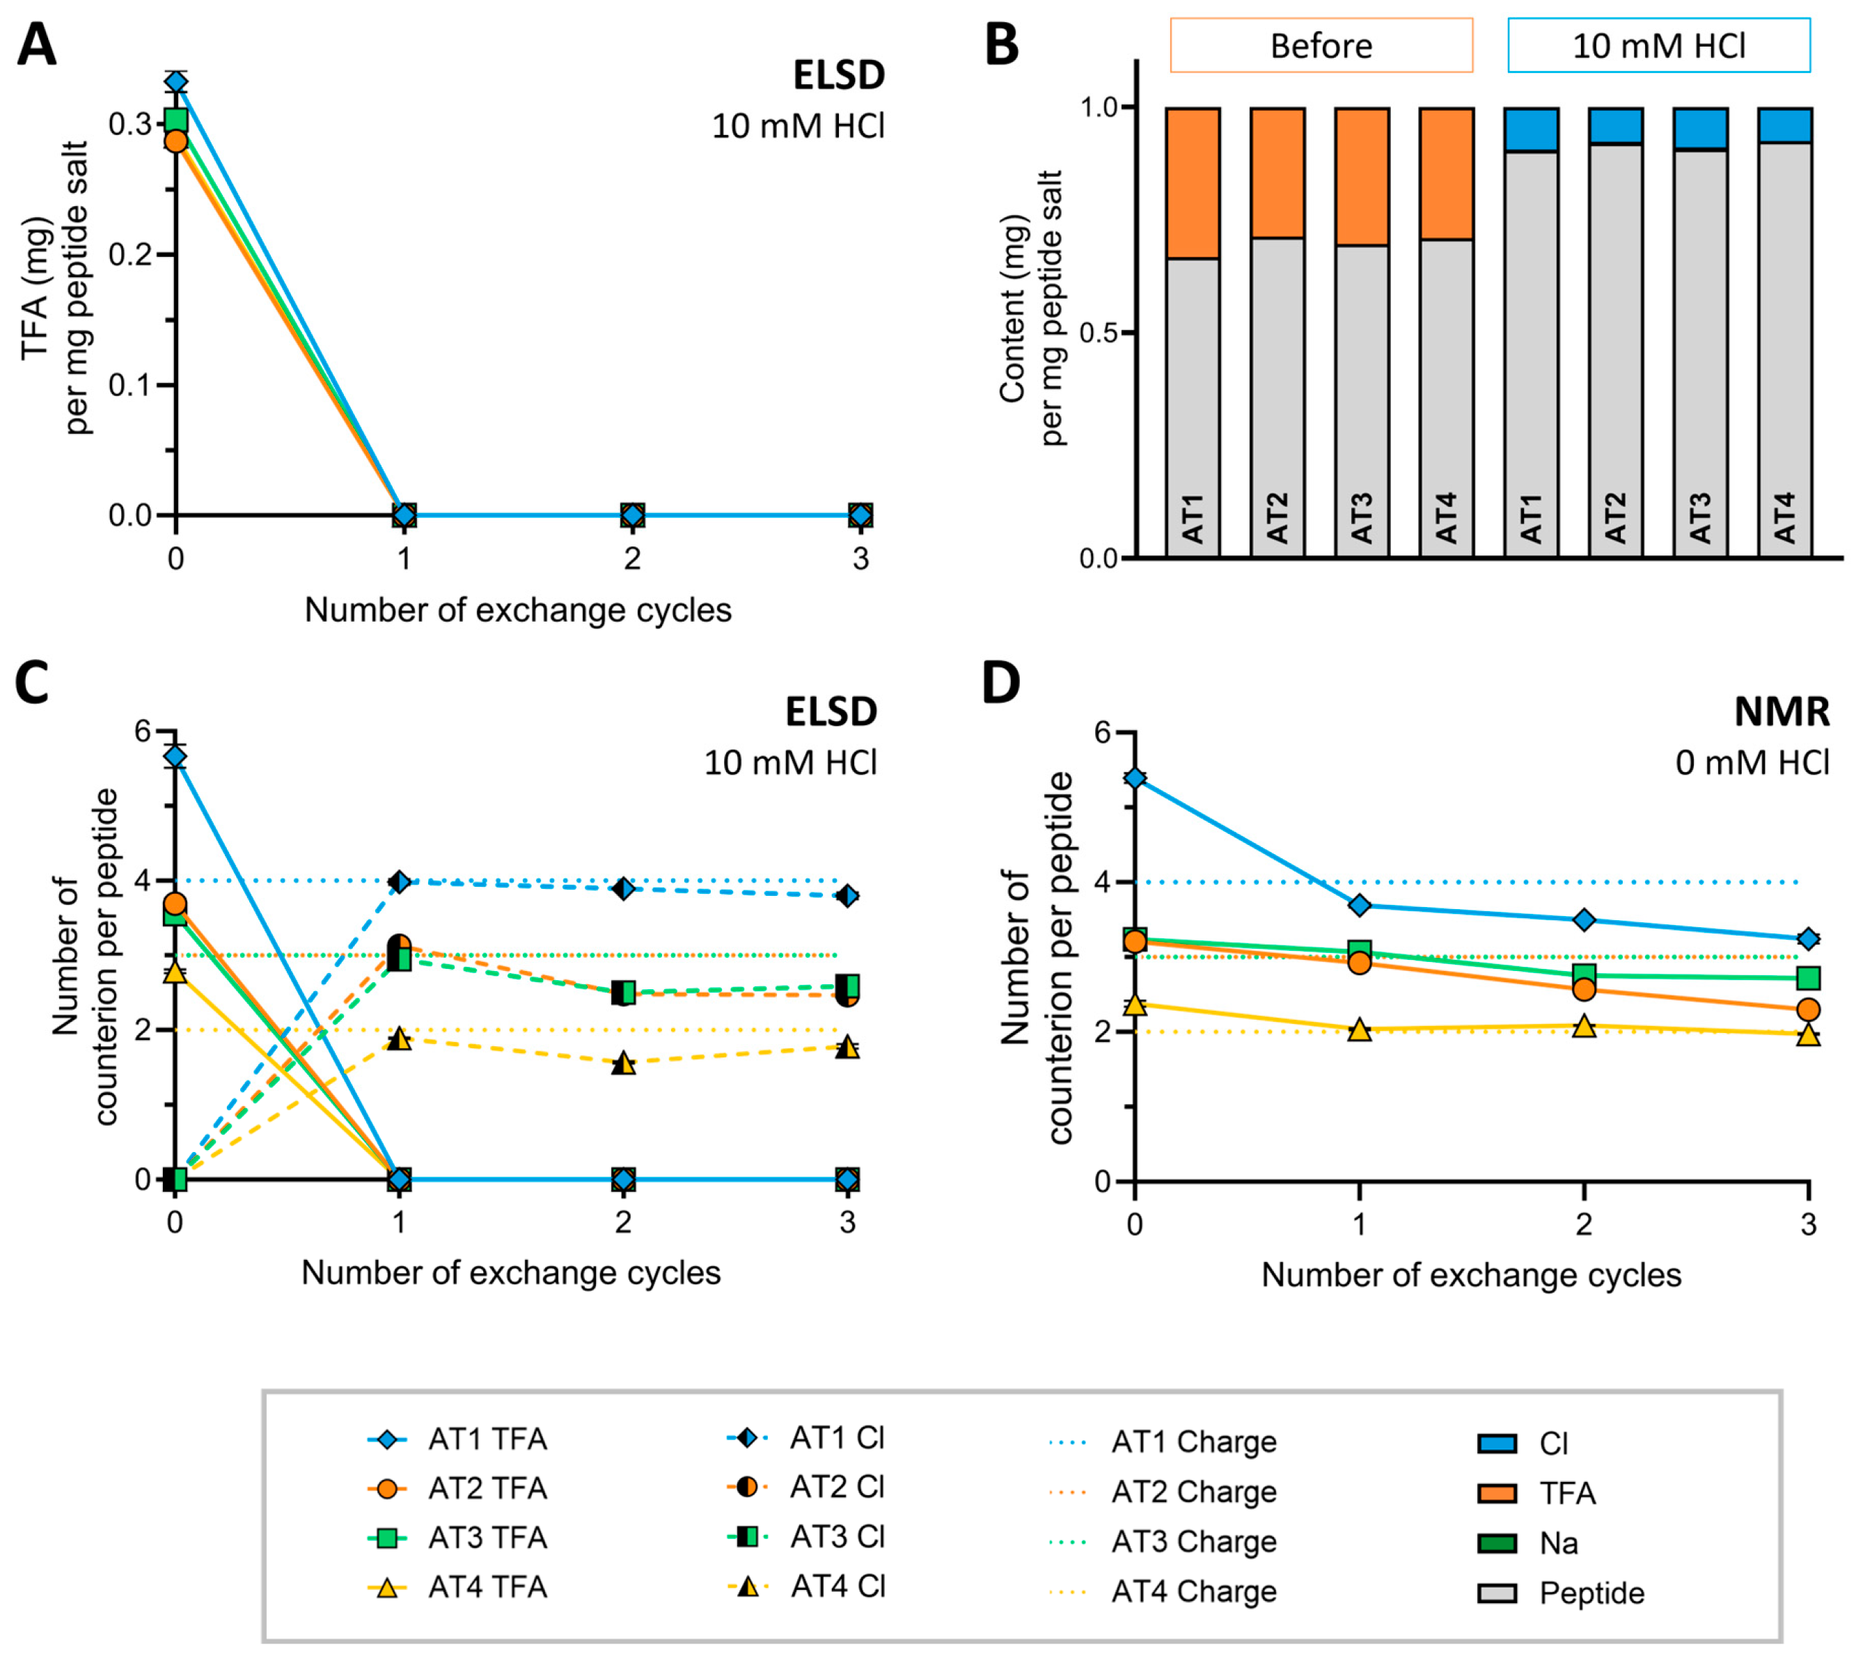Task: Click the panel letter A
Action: coord(36,45)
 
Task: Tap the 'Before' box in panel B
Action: coord(1321,45)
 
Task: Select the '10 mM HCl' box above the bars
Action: coord(1658,45)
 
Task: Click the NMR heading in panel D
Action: coord(1782,711)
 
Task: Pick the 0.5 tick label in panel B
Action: coord(1099,333)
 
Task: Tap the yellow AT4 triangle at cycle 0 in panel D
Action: coord(1135,1004)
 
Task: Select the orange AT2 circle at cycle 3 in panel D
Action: coord(1808,1009)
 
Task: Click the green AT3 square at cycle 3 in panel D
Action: coord(1808,978)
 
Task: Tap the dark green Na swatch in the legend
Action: coord(1497,1543)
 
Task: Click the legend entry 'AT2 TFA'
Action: coord(457,1488)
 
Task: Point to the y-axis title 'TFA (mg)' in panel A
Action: coord(36,287)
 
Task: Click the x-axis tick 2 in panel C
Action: coord(623,1222)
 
